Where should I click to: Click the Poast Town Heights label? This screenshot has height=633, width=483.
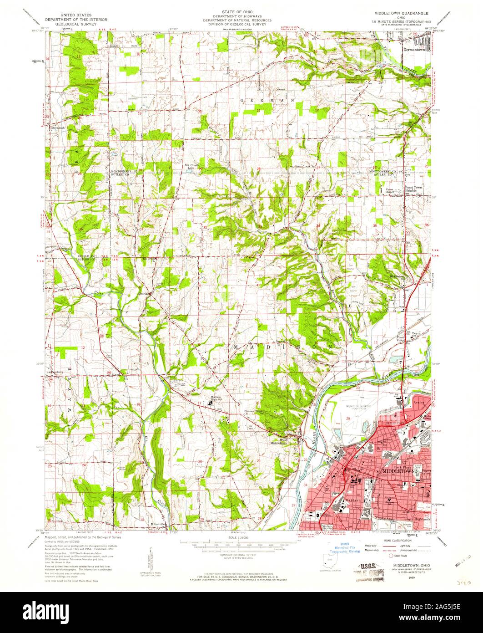(x=414, y=189)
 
